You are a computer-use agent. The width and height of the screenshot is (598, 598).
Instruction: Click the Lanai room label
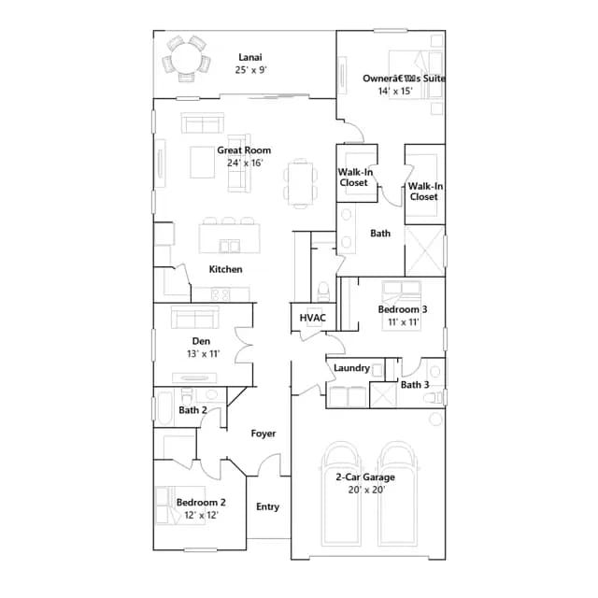click(250, 57)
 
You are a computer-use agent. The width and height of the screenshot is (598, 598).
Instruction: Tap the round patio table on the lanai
click(186, 58)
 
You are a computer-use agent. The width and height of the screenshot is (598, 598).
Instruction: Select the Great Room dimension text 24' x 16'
click(245, 163)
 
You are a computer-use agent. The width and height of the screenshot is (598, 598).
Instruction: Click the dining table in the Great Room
click(300, 183)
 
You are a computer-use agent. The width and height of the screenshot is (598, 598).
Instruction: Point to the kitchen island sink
click(229, 247)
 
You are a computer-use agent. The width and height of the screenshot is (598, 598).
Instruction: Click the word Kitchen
click(225, 269)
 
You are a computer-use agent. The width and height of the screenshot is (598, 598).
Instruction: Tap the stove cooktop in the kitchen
click(221, 294)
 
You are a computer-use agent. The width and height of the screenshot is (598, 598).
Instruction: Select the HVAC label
click(313, 318)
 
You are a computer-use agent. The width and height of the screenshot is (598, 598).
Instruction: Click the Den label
click(201, 341)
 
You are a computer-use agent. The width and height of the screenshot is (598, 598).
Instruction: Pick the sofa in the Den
click(195, 317)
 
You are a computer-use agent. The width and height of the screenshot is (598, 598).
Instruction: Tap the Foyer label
click(263, 434)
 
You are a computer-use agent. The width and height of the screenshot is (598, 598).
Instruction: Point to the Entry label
click(268, 506)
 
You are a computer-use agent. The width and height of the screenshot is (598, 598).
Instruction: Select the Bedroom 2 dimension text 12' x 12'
click(202, 515)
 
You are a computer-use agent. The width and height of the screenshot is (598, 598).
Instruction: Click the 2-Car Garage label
click(365, 477)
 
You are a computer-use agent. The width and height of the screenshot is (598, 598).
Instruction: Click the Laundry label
click(351, 368)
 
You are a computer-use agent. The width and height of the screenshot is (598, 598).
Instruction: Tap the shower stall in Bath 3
click(383, 395)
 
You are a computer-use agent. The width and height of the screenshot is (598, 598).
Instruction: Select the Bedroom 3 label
click(403, 309)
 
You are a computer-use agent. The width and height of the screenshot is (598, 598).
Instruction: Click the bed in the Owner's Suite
click(415, 75)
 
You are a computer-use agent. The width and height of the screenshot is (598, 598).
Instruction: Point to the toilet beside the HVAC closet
click(324, 292)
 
